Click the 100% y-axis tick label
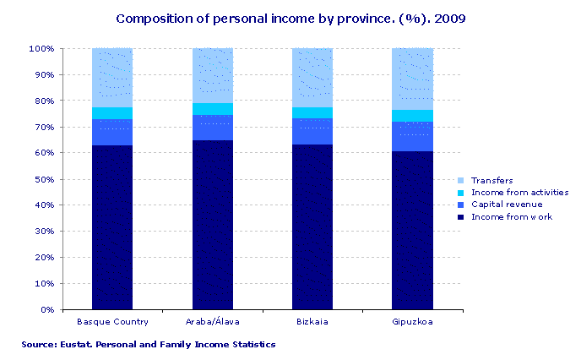(x=41, y=49)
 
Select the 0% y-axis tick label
(x=46, y=310)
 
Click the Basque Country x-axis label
(x=112, y=322)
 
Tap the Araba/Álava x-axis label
(x=212, y=322)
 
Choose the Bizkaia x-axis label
(x=312, y=322)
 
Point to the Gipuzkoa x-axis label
(x=412, y=322)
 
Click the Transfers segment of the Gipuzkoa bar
(x=412, y=79)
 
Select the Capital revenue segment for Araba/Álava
(x=213, y=128)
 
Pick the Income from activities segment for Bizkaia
(x=312, y=113)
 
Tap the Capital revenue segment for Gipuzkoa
(x=412, y=137)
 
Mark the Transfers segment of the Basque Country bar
(x=112, y=78)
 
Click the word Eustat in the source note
(x=77, y=345)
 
